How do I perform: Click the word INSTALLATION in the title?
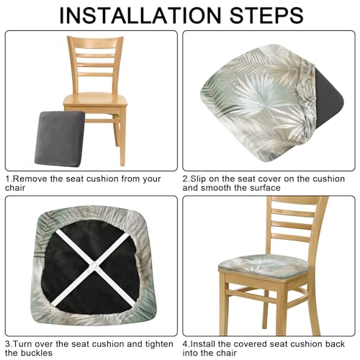pyautogui.click(x=140, y=16)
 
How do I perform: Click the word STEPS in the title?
pyautogui.click(x=266, y=16)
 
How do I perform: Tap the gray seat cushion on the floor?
pyautogui.click(x=59, y=139)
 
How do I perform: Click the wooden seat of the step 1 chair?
pyautogui.click(x=95, y=99)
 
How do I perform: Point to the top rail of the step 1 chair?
pyautogui.click(x=95, y=41)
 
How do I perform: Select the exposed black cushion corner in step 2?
pyautogui.click(x=330, y=99)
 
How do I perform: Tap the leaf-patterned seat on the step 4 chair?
pyautogui.click(x=264, y=266)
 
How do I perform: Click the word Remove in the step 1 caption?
pyautogui.click(x=30, y=179)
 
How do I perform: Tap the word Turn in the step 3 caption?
pyautogui.click(x=23, y=344)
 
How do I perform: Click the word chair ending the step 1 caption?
pyautogui.click(x=15, y=188)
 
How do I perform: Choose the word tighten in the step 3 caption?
pyautogui.click(x=159, y=345)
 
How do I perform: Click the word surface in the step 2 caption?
pyautogui.click(x=265, y=188)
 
